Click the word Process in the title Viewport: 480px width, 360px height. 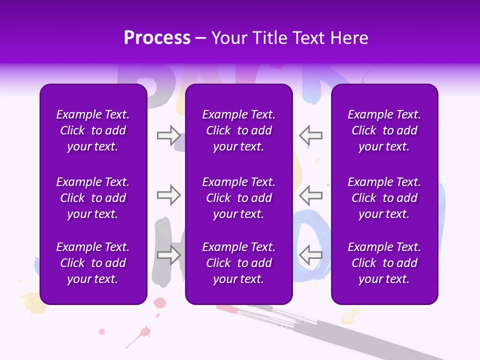tap(157, 38)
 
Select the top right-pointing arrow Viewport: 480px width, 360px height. tap(168, 135)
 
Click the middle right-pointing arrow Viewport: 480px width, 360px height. tap(168, 195)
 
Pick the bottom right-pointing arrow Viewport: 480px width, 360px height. tap(168, 255)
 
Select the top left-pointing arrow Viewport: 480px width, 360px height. tap(310, 135)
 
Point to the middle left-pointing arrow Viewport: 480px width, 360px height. tap(310, 195)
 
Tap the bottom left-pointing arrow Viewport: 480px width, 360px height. tap(310, 255)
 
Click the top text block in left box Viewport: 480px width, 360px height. tap(93, 130)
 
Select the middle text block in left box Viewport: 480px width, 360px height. tap(93, 198)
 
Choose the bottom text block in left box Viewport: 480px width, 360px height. tap(93, 263)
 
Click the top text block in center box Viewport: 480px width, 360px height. tap(238, 130)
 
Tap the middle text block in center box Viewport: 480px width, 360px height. tap(238, 198)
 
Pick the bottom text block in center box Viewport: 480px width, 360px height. tap(238, 263)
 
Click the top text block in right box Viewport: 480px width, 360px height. tap(384, 130)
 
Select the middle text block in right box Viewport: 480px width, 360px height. tap(384, 198)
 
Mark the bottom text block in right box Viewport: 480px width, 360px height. tap(384, 263)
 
